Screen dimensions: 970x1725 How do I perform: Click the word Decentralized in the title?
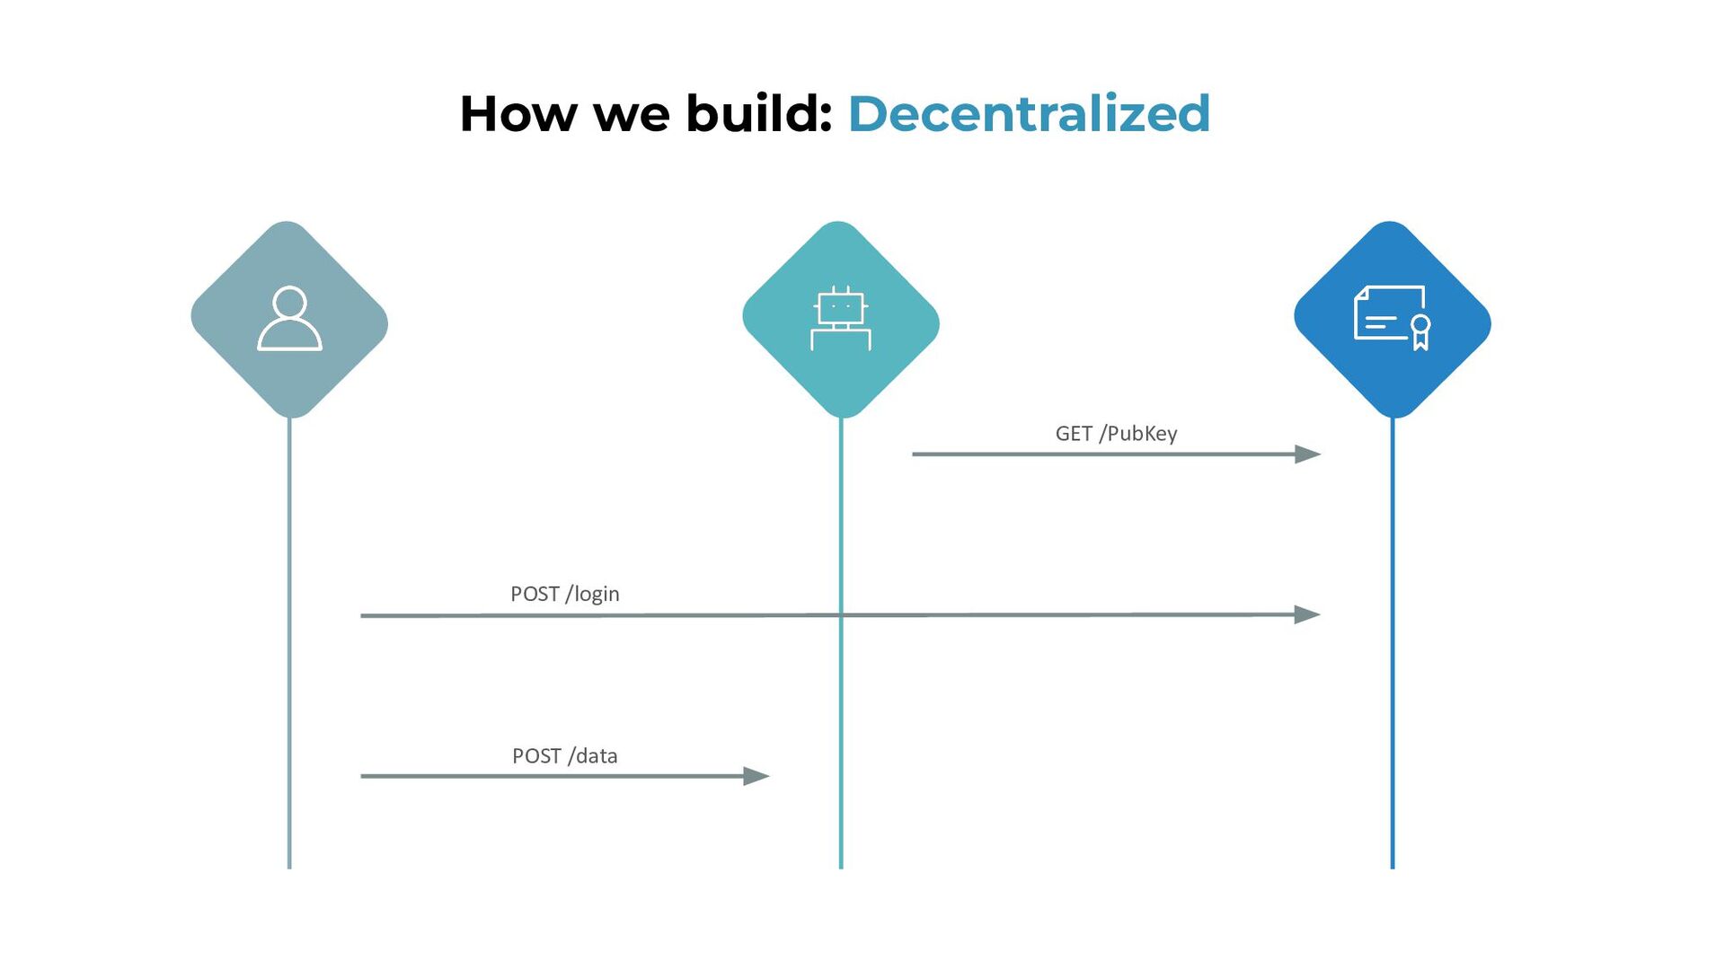1029,114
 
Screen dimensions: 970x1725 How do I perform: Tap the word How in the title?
517,114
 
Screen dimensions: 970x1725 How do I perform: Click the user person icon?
289,318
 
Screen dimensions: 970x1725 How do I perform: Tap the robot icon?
841,318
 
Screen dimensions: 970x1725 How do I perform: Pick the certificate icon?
1393,318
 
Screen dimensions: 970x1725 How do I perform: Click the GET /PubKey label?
1116,434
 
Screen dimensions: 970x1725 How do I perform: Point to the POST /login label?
564,594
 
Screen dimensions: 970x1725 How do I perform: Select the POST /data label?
564,756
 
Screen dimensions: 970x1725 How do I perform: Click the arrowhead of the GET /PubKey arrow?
1308,454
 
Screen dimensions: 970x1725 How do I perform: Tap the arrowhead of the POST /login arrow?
1308,615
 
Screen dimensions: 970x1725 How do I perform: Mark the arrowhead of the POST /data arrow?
757,776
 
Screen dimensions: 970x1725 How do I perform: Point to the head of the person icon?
289,302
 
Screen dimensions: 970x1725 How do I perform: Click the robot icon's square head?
841,307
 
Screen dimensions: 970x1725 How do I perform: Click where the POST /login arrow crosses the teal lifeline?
841,615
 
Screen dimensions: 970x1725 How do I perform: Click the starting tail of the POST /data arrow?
363,776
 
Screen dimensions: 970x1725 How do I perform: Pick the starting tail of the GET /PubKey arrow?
915,454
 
